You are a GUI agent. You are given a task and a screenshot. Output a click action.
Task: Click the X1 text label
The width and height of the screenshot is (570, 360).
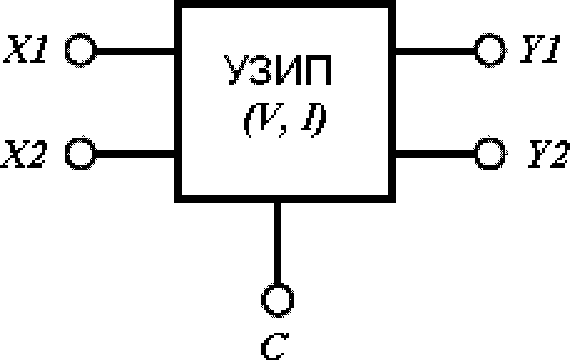(25, 49)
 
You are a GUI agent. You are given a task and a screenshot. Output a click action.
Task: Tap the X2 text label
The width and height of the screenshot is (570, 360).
(24, 154)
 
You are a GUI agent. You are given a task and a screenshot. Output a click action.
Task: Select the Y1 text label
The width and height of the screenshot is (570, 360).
(540, 49)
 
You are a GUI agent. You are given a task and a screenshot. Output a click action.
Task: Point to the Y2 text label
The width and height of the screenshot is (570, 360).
(548, 154)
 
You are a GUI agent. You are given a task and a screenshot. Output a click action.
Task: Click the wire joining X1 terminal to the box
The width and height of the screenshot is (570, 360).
(135, 51)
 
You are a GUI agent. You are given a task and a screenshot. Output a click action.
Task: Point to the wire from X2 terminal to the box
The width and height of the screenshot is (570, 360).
(135, 154)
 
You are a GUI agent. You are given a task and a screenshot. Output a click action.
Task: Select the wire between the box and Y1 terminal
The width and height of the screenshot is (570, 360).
(435, 51)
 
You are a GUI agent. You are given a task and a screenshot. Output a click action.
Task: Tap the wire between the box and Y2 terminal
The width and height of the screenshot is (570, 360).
(435, 154)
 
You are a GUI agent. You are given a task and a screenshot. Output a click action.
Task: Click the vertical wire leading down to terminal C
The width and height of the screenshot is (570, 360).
(277, 244)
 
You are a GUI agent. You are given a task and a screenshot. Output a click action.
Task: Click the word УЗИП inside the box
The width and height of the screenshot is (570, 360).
(278, 71)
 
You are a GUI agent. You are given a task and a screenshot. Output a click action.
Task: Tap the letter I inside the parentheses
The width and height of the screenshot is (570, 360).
(308, 119)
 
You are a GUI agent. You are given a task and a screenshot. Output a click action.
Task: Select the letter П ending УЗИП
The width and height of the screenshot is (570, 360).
(318, 71)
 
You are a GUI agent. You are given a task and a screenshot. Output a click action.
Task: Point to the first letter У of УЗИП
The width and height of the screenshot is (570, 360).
(237, 71)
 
